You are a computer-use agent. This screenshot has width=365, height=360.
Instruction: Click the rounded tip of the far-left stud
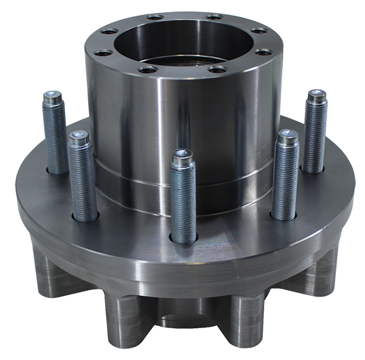51,96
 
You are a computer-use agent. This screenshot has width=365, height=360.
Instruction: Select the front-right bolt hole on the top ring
216,69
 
